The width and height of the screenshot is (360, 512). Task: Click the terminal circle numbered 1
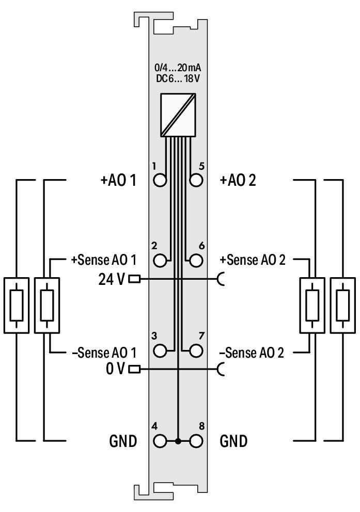pos(161,181)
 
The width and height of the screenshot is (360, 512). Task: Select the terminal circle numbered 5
pos(196,181)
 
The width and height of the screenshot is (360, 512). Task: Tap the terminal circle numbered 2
pos(161,260)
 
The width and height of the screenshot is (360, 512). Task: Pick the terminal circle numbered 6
pos(196,260)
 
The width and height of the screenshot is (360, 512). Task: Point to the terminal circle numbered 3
pos(161,351)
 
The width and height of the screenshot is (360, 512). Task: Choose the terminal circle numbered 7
pos(196,351)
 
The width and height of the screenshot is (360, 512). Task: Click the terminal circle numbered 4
pos(161,441)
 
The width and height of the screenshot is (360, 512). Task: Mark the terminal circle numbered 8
pos(196,441)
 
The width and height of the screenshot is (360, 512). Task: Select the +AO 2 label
pos(239,181)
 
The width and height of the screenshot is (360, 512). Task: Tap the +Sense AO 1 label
pos(103,260)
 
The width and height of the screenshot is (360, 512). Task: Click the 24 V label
pos(112,279)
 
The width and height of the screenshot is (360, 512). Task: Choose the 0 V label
pos(115,369)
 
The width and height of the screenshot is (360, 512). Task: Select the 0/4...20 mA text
pos(178,67)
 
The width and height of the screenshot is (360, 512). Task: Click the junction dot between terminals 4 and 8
pos(178,442)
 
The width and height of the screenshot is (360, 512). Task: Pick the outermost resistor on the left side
pos(17,305)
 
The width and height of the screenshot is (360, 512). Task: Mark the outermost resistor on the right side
pos(342,305)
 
